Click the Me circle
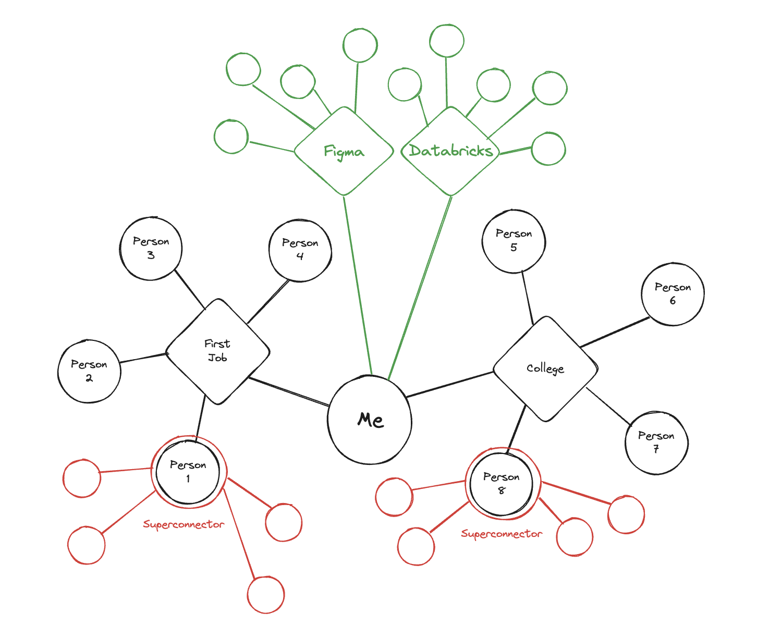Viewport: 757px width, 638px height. click(370, 420)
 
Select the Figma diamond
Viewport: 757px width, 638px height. click(344, 151)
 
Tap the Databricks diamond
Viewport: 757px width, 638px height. click(450, 151)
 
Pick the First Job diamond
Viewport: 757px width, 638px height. click(217, 351)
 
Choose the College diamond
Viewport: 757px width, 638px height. click(545, 369)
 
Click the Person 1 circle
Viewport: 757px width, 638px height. click(188, 471)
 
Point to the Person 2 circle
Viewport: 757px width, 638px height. click(89, 371)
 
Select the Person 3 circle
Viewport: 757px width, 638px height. click(151, 248)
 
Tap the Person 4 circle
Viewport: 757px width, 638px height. click(300, 250)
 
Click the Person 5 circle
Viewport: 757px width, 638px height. click(514, 241)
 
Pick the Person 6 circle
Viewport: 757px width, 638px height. click(673, 294)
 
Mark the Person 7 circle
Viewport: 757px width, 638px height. click(656, 443)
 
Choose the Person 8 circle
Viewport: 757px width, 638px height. click(502, 483)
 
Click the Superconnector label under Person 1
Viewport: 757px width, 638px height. click(184, 524)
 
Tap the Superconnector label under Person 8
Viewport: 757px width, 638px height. click(502, 534)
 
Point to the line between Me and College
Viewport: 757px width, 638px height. click(449, 385)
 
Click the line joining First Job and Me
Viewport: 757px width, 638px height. click(288, 391)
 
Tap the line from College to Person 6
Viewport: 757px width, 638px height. click(615, 332)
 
